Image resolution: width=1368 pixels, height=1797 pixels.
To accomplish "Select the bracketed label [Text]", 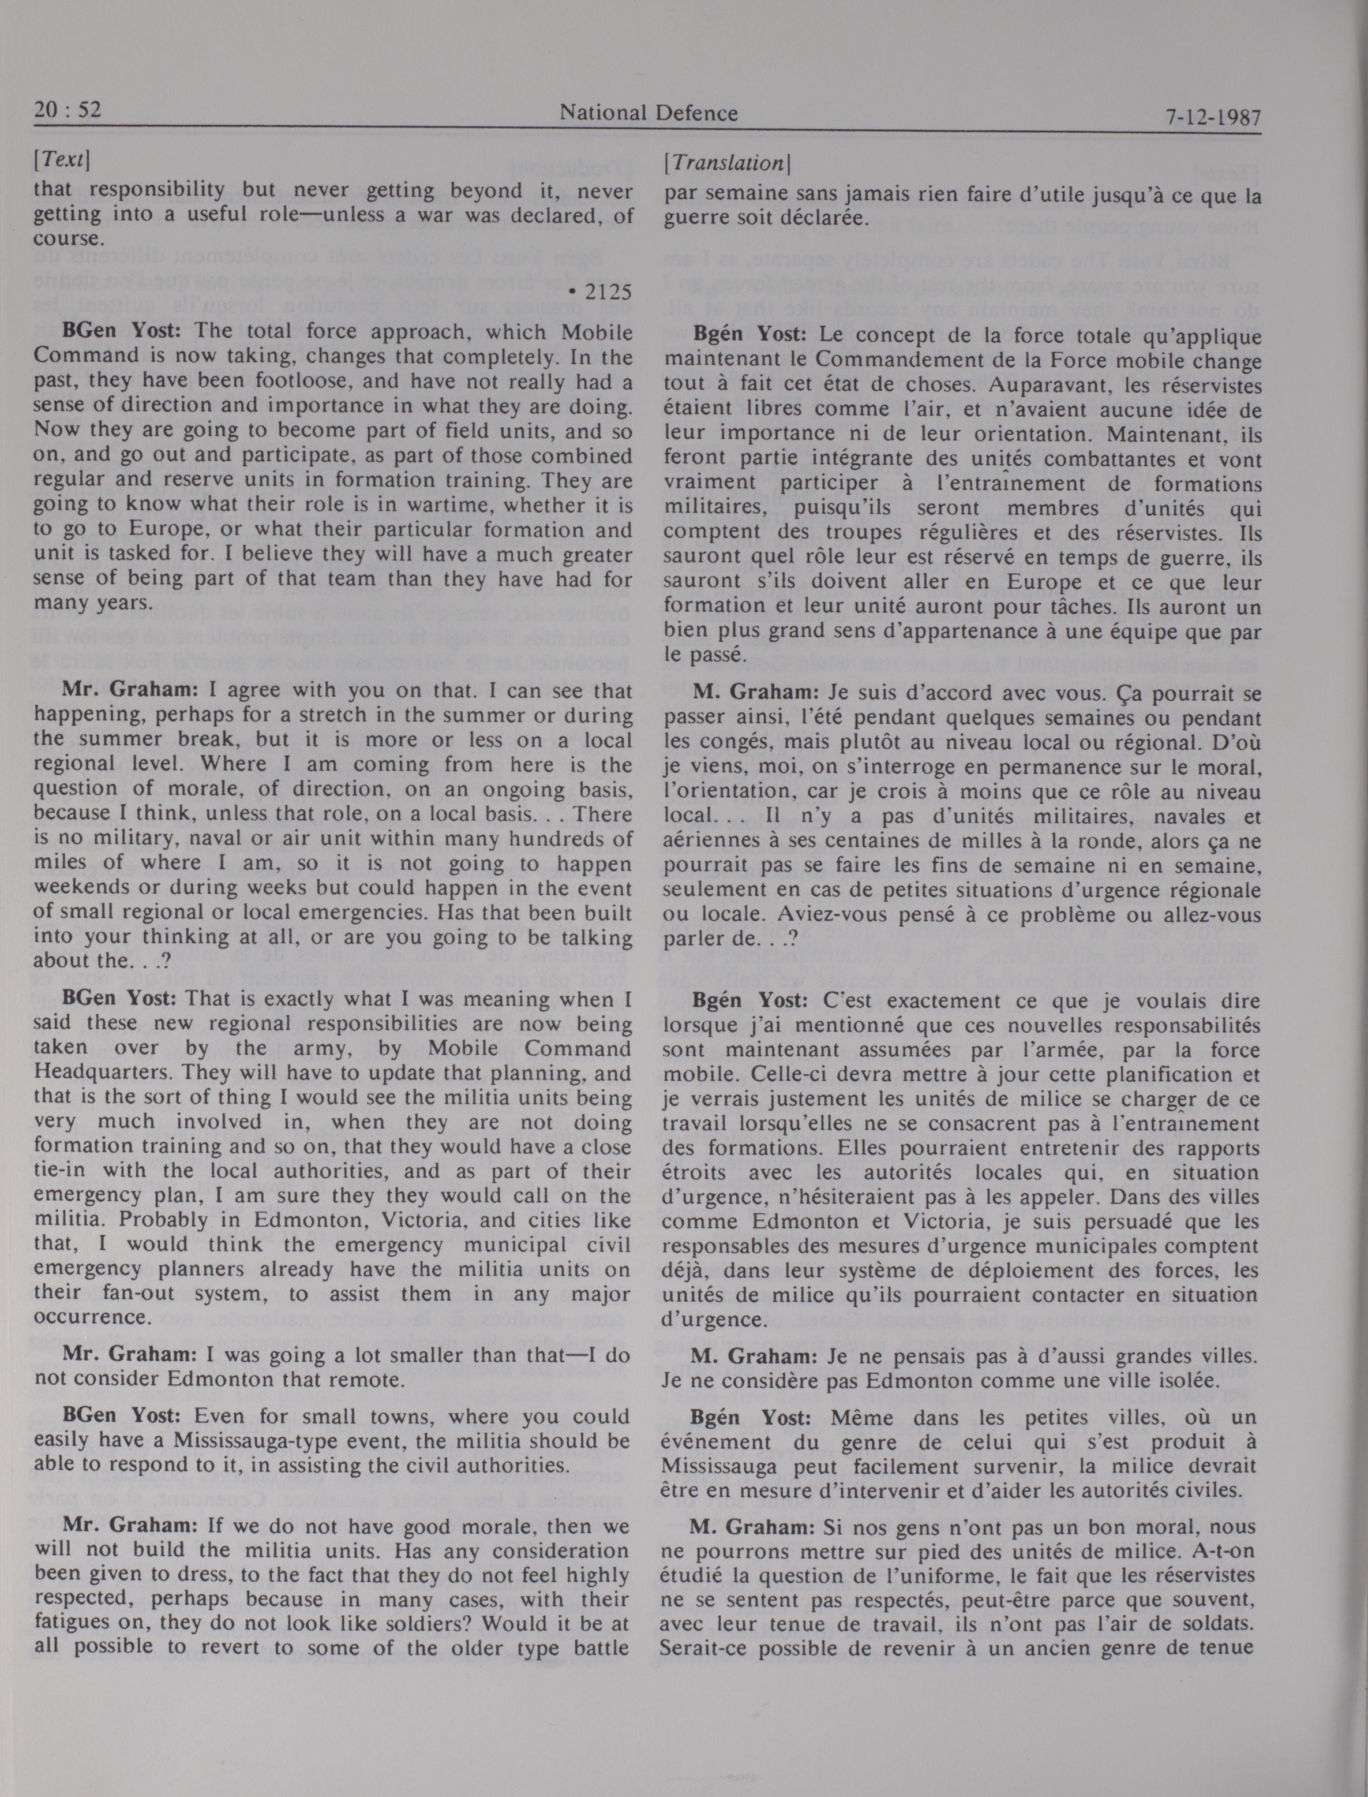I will [62, 160].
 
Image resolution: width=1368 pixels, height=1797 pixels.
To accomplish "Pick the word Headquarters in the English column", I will [95, 1072].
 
